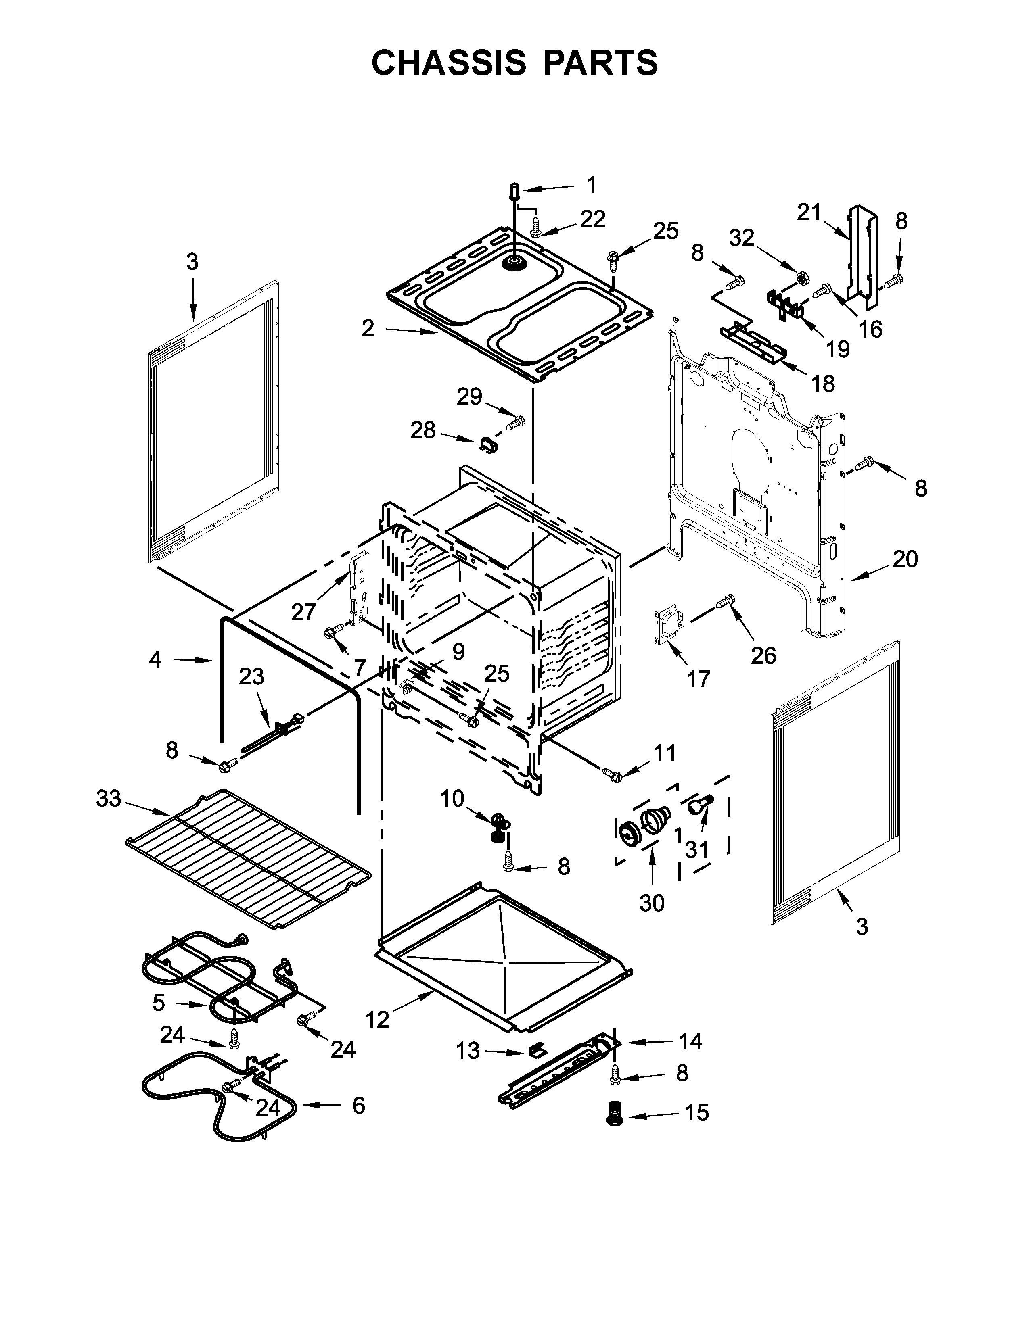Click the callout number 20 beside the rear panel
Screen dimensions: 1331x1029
(x=905, y=559)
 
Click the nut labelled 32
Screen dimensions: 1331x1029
(x=803, y=279)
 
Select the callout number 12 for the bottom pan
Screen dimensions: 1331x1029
(x=377, y=1019)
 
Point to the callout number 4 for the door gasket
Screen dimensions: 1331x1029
(x=155, y=659)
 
